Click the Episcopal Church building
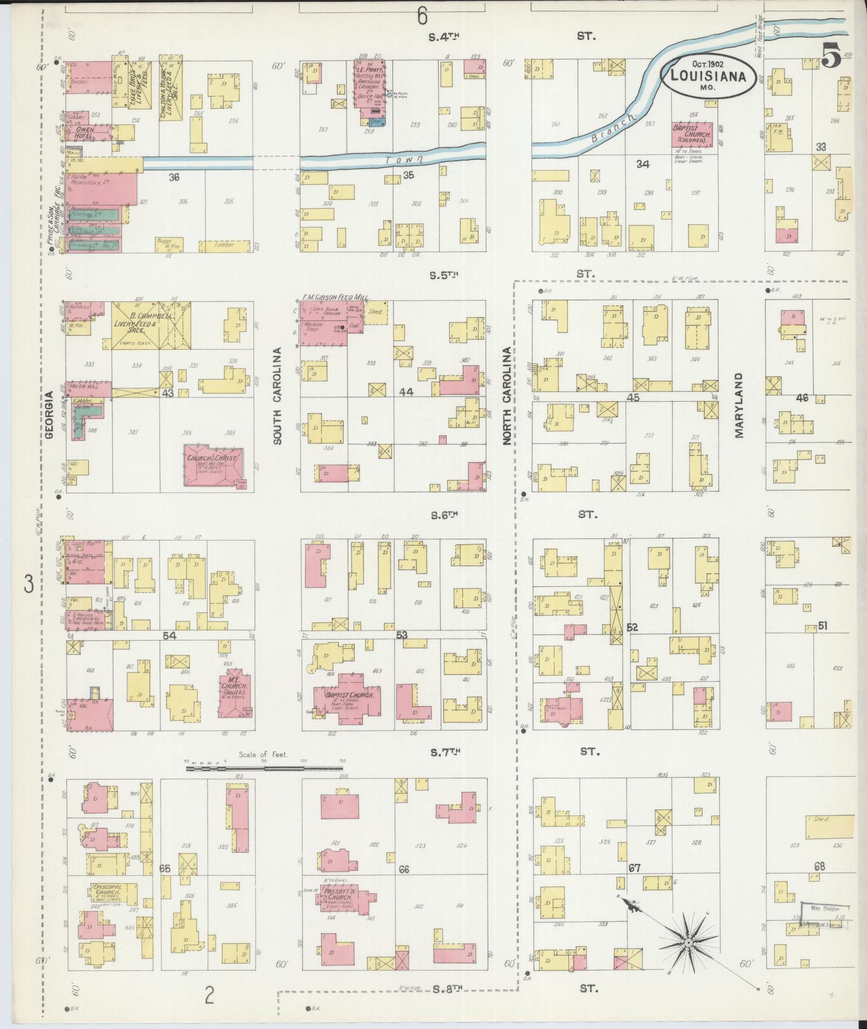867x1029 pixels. [108, 892]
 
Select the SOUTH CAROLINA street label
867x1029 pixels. [277, 396]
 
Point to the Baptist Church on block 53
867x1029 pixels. [347, 694]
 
